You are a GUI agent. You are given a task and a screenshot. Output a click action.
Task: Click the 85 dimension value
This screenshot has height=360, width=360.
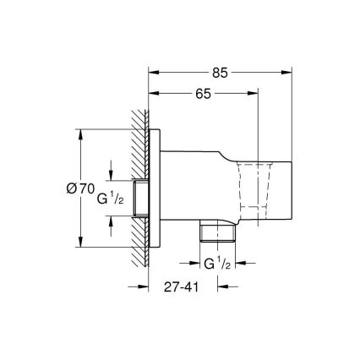point(221,73)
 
